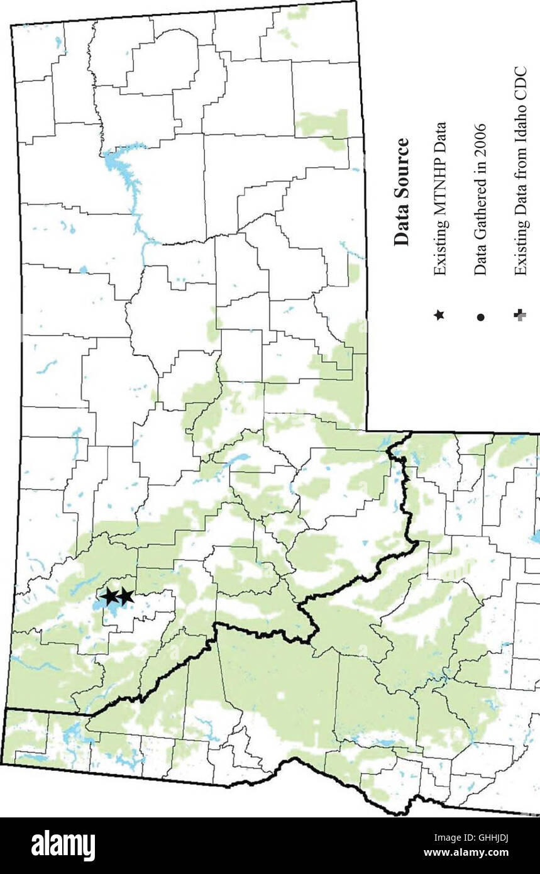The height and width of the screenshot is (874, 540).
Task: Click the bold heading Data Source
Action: pyautogui.click(x=400, y=192)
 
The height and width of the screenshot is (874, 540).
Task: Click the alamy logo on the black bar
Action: pyautogui.click(x=63, y=845)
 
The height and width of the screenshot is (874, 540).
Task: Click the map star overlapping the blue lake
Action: pyautogui.click(x=109, y=596)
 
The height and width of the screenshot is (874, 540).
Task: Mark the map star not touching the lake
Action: pyautogui.click(x=126, y=595)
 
